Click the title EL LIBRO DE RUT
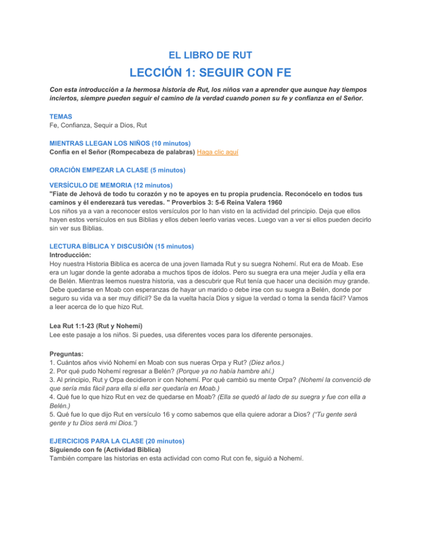click(x=210, y=54)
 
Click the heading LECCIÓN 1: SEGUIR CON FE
click(x=210, y=73)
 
